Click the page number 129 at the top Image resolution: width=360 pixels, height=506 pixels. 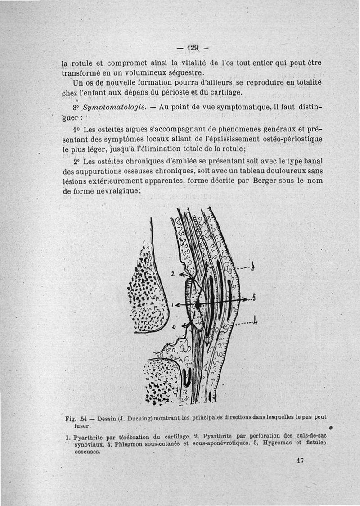tap(194, 47)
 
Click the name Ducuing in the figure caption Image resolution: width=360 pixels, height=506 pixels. tap(134, 418)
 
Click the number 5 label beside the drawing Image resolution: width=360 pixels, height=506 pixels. tap(254, 298)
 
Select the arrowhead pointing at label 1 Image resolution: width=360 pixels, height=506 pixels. tap(177, 305)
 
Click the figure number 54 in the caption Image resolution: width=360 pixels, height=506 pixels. tap(83, 419)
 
